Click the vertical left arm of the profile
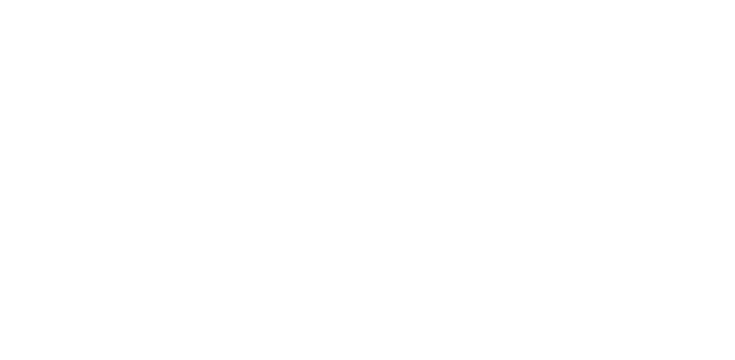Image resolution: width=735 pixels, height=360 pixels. [252, 161]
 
